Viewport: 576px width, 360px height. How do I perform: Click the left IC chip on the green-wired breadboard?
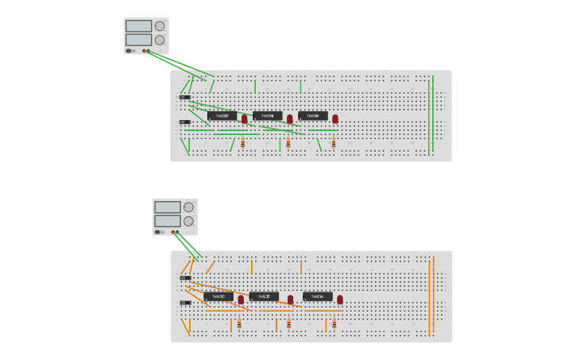click(222, 116)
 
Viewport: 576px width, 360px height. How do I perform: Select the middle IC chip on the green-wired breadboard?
click(268, 116)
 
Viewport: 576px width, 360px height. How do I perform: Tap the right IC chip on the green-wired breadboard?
click(313, 116)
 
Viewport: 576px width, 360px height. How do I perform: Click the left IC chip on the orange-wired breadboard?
click(218, 296)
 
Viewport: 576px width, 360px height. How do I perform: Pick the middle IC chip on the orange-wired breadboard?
click(264, 296)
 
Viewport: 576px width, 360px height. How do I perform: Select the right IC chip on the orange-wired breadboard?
click(318, 296)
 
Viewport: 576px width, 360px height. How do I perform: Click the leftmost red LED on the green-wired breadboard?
click(245, 118)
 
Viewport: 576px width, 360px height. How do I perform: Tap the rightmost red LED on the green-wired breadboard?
click(335, 118)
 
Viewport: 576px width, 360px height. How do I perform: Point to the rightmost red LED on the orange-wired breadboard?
click(340, 300)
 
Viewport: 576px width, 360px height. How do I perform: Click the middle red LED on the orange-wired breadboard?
click(291, 300)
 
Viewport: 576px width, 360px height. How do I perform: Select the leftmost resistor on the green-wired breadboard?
click(243, 143)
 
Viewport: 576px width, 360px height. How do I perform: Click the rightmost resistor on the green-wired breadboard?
click(334, 143)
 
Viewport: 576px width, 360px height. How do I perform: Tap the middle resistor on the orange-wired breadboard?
click(288, 323)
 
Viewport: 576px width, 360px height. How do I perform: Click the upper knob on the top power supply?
click(160, 26)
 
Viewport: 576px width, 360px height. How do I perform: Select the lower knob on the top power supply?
click(160, 40)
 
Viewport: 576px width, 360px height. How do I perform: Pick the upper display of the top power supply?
click(138, 26)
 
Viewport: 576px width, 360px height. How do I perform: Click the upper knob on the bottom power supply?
click(188, 207)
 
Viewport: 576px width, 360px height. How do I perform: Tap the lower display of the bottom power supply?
click(168, 221)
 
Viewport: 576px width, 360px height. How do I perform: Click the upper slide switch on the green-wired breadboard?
click(184, 98)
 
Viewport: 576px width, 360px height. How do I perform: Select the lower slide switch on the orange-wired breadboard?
click(185, 303)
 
